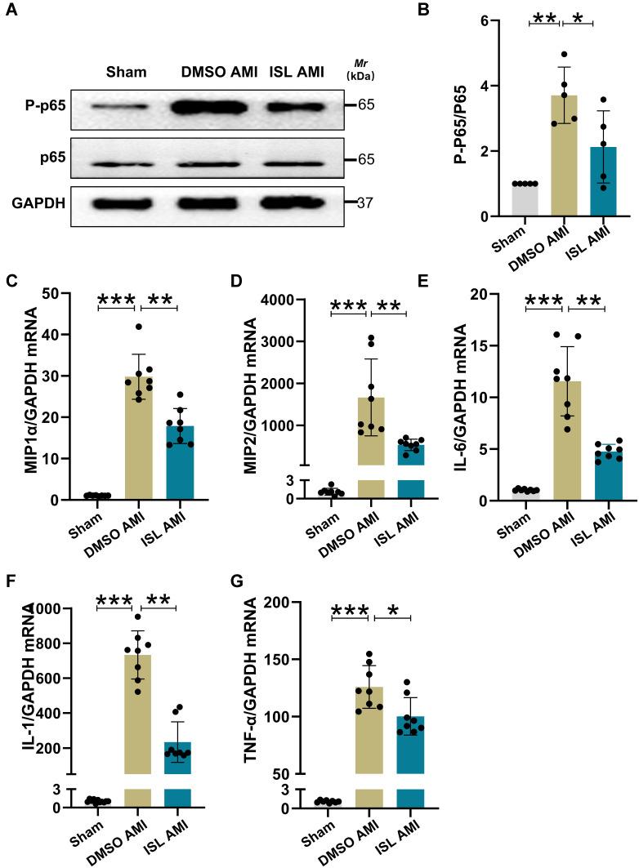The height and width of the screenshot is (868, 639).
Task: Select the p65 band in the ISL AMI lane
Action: point(303,160)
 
